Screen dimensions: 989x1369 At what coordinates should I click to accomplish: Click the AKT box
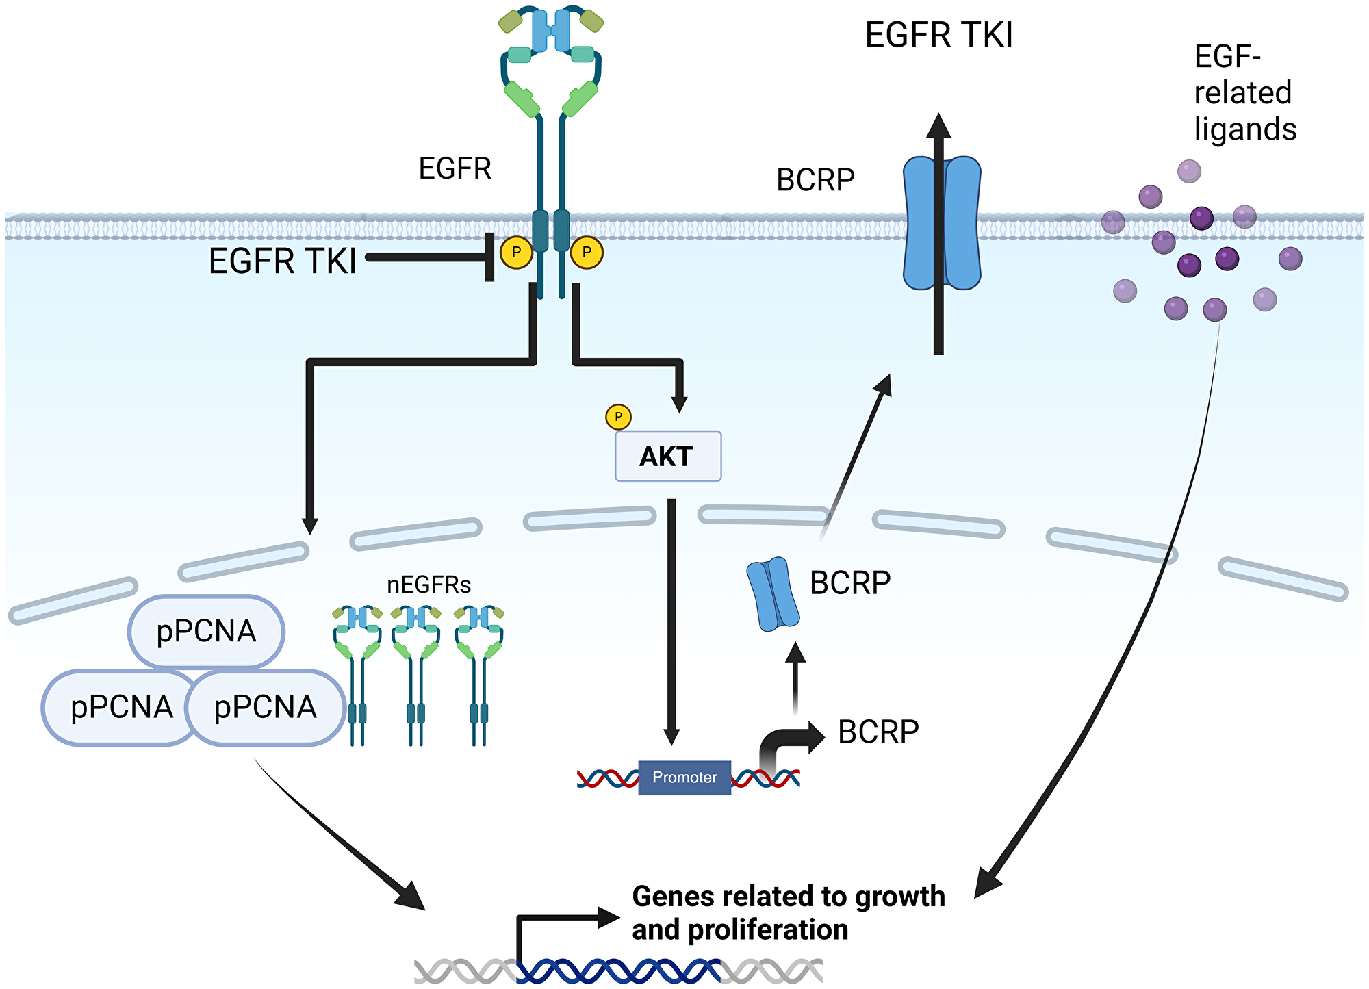668,456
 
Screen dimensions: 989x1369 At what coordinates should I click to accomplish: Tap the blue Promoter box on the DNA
684,778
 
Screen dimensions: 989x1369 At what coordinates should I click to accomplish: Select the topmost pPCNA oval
206,631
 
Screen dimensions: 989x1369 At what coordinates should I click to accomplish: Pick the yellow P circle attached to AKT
618,416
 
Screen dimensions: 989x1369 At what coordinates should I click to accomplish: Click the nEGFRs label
428,585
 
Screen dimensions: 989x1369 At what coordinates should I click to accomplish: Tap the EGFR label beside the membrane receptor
455,168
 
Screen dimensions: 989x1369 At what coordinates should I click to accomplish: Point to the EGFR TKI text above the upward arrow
938,36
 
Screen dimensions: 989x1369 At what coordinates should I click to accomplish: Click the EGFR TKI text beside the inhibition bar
282,261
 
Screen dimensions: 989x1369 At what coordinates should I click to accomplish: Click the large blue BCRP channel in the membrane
942,223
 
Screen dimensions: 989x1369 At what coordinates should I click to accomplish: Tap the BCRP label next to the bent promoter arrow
878,732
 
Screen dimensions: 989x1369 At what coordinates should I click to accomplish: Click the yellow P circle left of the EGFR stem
516,252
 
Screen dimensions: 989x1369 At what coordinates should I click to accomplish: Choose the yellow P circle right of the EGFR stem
587,252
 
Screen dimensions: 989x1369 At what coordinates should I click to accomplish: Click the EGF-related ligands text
1244,93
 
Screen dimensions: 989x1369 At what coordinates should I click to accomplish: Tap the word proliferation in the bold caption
767,930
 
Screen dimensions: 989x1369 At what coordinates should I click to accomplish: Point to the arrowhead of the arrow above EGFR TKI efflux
938,126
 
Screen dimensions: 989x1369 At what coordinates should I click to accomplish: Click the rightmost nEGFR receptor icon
479,674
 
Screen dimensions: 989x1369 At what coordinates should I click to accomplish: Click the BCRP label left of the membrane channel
815,181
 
